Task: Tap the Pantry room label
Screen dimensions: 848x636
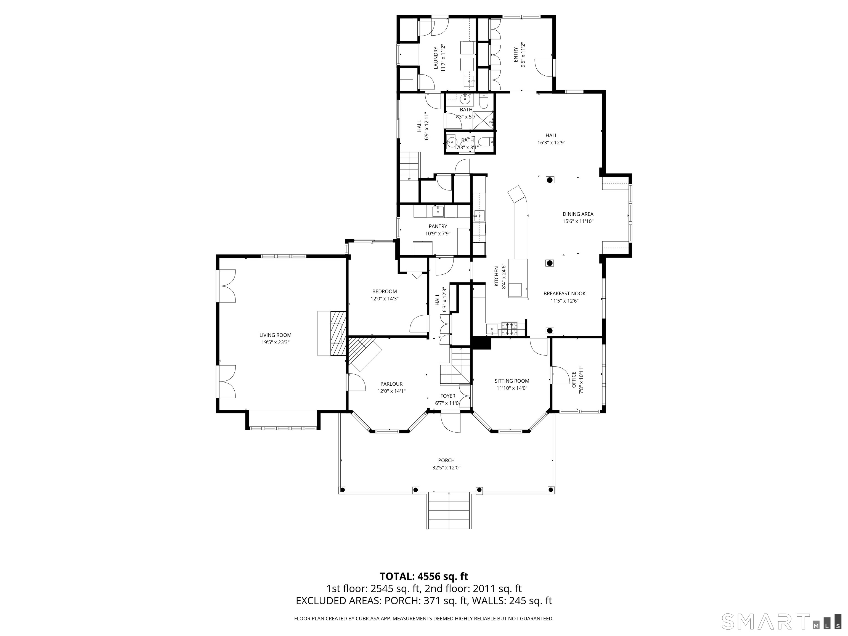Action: (438, 226)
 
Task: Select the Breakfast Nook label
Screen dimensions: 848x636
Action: (564, 294)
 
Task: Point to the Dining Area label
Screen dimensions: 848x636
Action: (578, 214)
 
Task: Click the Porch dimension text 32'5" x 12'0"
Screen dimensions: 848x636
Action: (446, 468)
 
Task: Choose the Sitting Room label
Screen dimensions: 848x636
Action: (512, 381)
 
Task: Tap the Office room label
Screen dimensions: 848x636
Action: (574, 380)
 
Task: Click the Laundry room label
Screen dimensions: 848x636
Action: (436, 58)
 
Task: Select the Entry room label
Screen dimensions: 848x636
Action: (516, 55)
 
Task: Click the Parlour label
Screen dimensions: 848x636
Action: (391, 384)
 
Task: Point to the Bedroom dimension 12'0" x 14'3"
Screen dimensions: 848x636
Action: (385, 299)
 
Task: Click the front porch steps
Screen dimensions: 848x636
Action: (448, 510)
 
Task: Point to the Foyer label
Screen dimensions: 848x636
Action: (447, 396)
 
